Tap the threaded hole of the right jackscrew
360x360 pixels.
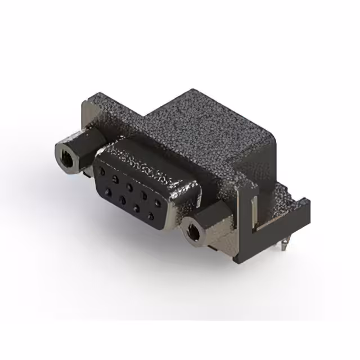point(193,231)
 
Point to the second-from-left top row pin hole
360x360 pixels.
point(116,178)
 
